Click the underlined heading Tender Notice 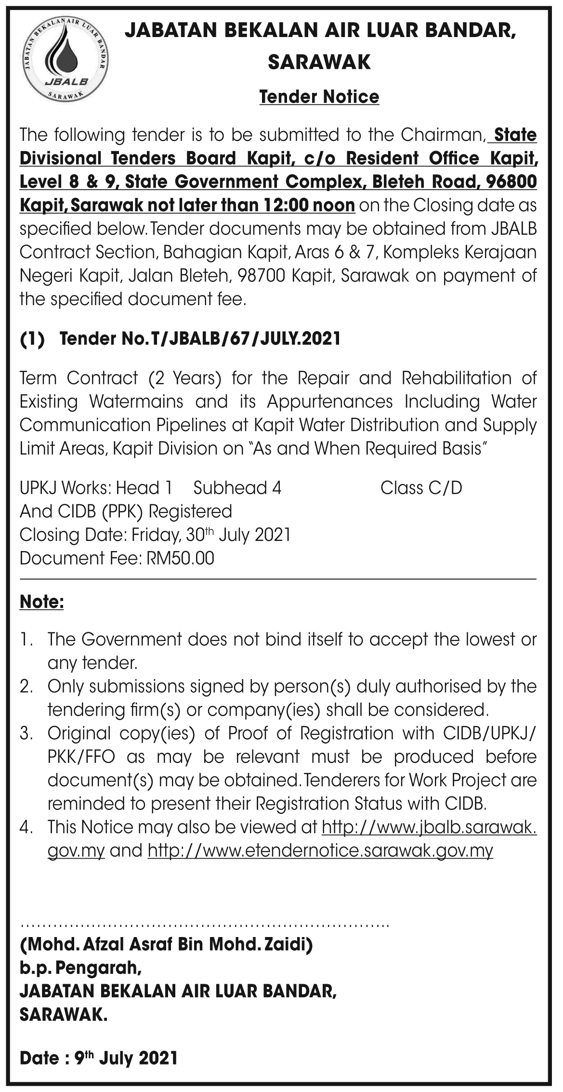point(319,97)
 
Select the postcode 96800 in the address point(511,182)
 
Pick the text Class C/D point(421,488)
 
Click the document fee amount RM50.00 point(181,558)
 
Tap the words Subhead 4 point(237,488)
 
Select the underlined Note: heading point(41,602)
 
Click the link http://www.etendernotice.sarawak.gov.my point(320,851)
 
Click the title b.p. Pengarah point(80,968)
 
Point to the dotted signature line point(204,925)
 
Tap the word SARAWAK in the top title point(319,62)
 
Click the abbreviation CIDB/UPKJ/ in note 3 point(486,733)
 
